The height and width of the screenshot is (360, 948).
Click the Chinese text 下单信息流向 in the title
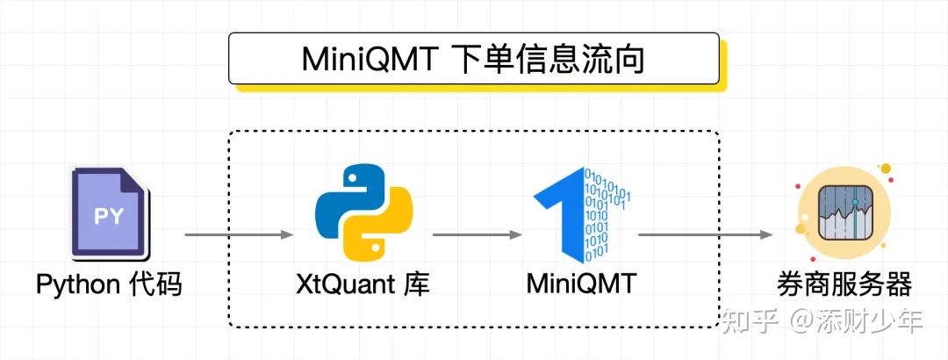pos(552,60)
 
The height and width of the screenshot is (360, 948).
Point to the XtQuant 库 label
pos(363,284)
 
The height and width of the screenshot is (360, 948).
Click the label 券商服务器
pos(844,284)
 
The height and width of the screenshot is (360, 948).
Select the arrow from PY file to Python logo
pos(238,234)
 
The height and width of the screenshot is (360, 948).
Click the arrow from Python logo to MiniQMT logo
pos(477,234)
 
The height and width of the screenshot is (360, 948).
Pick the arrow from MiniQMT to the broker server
pos(705,234)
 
